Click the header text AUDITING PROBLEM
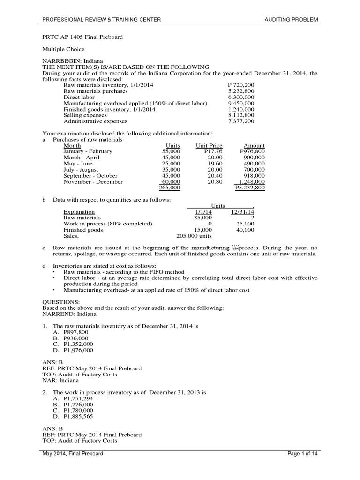coord(292,19)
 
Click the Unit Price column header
coord(209,146)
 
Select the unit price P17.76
coord(213,151)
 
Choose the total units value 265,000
coord(170,187)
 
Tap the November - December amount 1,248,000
coord(251,182)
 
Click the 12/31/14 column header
coord(242,212)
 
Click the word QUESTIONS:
coord(61,301)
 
